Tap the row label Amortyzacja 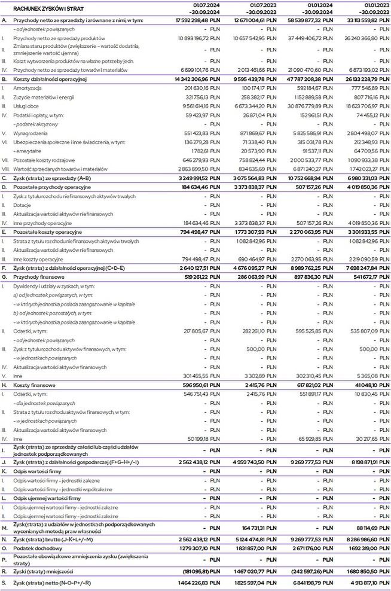click(x=28, y=87)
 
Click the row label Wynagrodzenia click(x=29, y=133)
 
